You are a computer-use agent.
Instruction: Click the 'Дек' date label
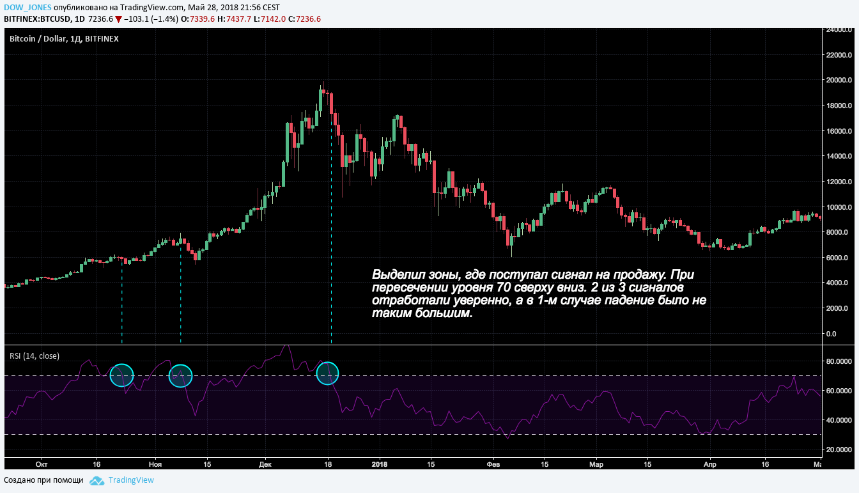click(x=265, y=464)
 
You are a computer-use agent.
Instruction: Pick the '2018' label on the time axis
click(x=380, y=464)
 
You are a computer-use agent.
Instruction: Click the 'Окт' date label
click(x=42, y=464)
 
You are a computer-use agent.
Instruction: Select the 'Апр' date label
click(x=708, y=464)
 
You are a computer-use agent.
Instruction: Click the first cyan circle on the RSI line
click(x=121, y=375)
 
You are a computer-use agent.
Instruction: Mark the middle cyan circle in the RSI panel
click(x=180, y=375)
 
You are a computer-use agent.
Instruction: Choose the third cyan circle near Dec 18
click(x=329, y=373)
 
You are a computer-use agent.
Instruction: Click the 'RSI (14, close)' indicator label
click(x=34, y=356)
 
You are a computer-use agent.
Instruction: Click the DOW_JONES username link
click(x=27, y=6)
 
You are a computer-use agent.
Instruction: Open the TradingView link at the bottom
click(x=131, y=480)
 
